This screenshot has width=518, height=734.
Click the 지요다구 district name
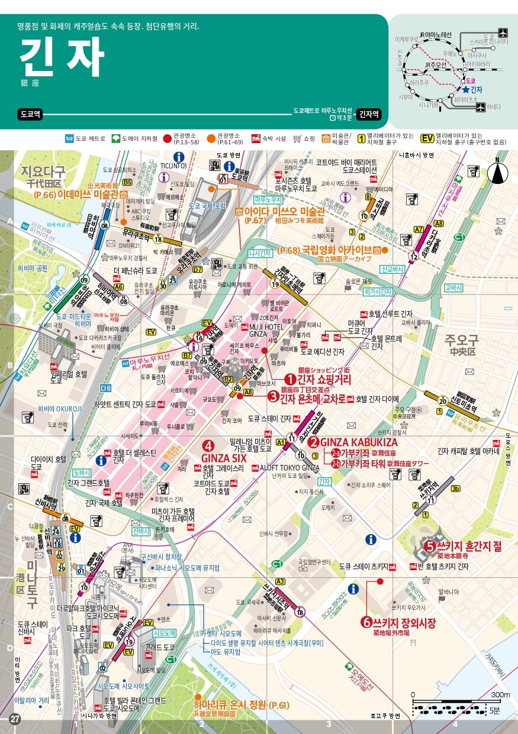point(43,172)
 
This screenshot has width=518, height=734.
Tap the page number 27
point(15,719)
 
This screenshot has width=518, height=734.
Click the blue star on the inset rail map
point(465,89)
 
